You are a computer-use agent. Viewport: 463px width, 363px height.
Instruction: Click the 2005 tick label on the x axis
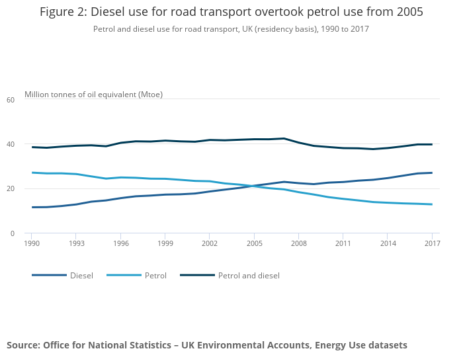tap(254, 244)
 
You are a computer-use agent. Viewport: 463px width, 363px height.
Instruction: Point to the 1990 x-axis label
tap(32, 244)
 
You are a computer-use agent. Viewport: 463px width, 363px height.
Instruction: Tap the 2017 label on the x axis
tap(431, 244)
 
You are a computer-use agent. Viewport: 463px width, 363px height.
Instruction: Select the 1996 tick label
tap(120, 244)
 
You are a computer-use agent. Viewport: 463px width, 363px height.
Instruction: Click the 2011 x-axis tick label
tap(343, 244)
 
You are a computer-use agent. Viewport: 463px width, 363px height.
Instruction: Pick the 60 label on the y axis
tap(11, 100)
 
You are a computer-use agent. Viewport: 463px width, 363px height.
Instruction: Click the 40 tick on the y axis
tap(11, 144)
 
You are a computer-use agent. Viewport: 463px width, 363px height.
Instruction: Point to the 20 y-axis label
tap(11, 188)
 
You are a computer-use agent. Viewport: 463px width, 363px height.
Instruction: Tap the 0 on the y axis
tap(13, 233)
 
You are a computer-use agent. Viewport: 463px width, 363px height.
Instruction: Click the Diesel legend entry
tap(81, 275)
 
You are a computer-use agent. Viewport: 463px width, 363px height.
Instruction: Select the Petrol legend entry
tap(155, 275)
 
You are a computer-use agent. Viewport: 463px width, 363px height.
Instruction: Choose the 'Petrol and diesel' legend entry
tap(249, 275)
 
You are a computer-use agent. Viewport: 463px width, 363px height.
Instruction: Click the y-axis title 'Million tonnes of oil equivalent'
tap(93, 95)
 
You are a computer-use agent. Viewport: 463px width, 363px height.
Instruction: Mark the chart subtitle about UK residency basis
tap(231, 29)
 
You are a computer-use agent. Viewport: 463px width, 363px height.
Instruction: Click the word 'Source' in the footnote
tap(23, 345)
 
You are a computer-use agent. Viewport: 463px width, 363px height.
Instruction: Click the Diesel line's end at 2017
tap(431, 173)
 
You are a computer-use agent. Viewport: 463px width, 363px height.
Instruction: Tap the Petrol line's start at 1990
tap(32, 173)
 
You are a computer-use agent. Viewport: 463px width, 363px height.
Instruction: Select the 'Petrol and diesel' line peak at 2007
tap(283, 138)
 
